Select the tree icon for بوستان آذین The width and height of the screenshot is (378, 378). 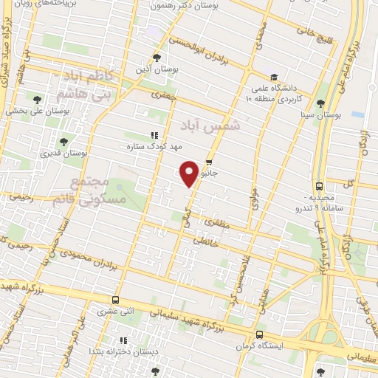pyautogui.click(x=156, y=57)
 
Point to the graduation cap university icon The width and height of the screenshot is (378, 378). pyautogui.click(x=273, y=77)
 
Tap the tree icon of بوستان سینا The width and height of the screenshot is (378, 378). pyautogui.click(x=320, y=103)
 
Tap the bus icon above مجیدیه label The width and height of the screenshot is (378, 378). pyautogui.click(x=319, y=186)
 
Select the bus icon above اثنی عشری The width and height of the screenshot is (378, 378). pyautogui.click(x=115, y=300)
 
